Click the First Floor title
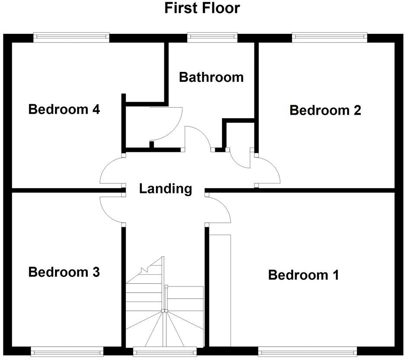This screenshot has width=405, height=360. click(202, 8)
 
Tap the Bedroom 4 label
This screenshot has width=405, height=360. click(64, 109)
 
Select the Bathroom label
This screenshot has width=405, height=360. click(211, 77)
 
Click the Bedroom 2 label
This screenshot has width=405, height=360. click(325, 110)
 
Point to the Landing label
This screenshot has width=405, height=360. click(165, 189)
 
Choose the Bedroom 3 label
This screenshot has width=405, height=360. click(64, 272)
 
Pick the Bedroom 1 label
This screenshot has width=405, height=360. click(304, 275)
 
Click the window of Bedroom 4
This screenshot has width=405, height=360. click(71, 37)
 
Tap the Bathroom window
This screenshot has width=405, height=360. click(212, 37)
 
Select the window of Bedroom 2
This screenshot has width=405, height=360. click(330, 37)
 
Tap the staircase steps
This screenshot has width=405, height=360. click(164, 312)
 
